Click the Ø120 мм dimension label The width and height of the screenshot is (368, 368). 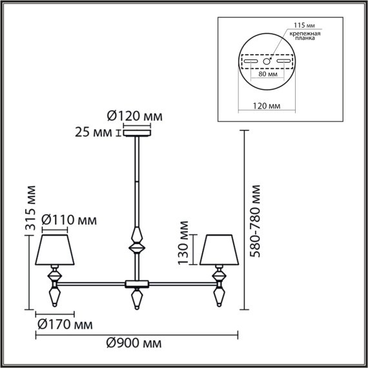[134, 117]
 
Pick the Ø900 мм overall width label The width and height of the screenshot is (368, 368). [134, 342]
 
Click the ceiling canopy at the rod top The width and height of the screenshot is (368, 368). [136, 134]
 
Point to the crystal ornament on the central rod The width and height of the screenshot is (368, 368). [136, 240]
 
